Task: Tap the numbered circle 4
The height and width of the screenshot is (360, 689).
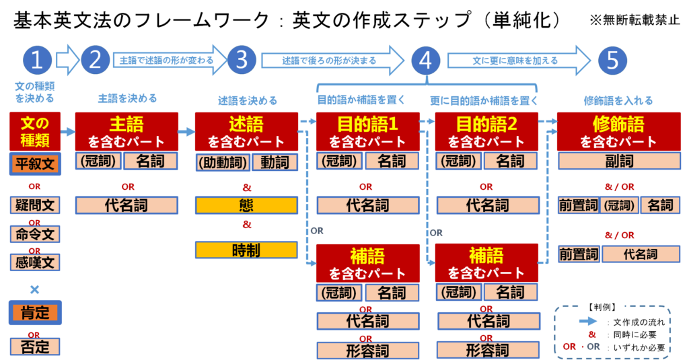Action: pyautogui.click(x=425, y=61)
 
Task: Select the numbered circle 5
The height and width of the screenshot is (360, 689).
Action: pyautogui.click(x=612, y=61)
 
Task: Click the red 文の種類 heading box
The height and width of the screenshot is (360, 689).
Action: pyautogui.click(x=35, y=132)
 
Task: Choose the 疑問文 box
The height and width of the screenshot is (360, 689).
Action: pyautogui.click(x=35, y=205)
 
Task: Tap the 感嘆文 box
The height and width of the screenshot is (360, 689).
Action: pyautogui.click(x=35, y=262)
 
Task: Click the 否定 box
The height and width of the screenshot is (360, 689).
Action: pyautogui.click(x=35, y=347)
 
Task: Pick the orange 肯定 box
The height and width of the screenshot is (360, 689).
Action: pyautogui.click(x=35, y=313)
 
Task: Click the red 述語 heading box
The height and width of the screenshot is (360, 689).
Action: pyautogui.click(x=246, y=132)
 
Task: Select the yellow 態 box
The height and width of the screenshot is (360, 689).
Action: pyautogui.click(x=246, y=205)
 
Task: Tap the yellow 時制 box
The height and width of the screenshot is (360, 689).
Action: pyautogui.click(x=246, y=250)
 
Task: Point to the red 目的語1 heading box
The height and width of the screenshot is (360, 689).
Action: pyautogui.click(x=368, y=132)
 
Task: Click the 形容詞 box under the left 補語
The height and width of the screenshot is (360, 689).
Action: pyautogui.click(x=368, y=351)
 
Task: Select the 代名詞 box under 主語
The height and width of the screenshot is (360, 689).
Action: pyautogui.click(x=126, y=205)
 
